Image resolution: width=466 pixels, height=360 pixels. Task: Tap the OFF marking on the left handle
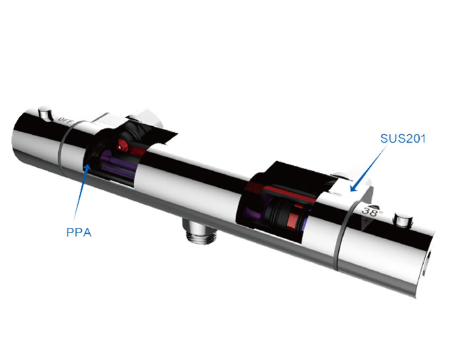(65, 120)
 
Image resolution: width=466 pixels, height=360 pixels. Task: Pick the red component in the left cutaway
(122, 143)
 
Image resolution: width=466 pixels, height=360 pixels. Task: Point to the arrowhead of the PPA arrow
(87, 166)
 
